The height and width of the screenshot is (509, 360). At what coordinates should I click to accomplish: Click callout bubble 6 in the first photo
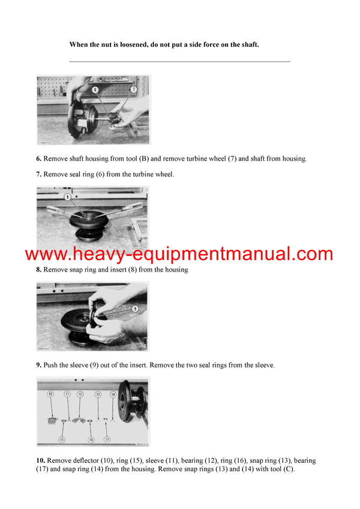tap(94, 89)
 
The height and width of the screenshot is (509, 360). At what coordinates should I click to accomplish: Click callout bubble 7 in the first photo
tap(133, 89)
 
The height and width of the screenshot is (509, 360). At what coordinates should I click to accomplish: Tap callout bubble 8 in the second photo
tap(68, 196)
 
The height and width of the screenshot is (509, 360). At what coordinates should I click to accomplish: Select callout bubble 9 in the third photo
tap(135, 309)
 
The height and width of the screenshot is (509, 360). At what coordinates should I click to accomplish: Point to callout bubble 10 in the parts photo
tap(50, 394)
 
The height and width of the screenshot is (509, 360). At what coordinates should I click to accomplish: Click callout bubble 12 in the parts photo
tap(79, 394)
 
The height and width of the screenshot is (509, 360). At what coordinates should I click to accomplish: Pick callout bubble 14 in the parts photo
tap(113, 394)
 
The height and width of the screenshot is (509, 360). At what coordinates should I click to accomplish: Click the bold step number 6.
tap(38, 159)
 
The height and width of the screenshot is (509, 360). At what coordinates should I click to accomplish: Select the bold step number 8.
tap(38, 270)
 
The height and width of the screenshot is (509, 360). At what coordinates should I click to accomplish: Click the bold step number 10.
tap(40, 460)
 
